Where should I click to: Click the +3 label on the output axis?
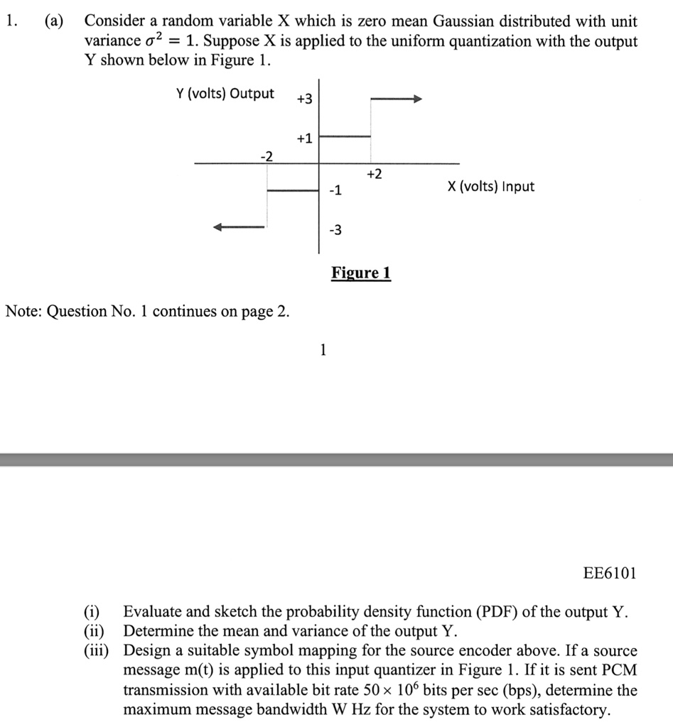(303, 99)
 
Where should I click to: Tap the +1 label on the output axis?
(303, 138)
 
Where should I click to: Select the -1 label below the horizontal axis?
(335, 190)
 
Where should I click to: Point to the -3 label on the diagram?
(335, 229)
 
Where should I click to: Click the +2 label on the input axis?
(375, 173)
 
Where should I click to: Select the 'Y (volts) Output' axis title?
(225, 94)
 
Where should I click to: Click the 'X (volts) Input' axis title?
(490, 187)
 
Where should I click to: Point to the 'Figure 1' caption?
(361, 273)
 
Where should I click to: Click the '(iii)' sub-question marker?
(97, 651)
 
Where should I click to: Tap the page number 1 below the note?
(323, 349)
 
